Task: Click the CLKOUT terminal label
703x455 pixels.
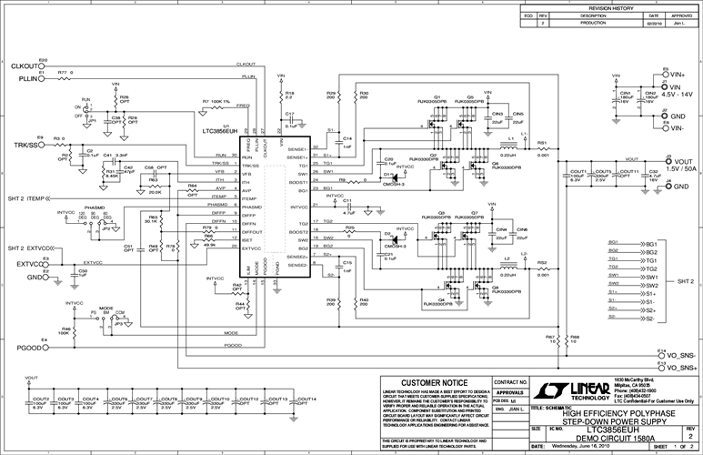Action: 24,67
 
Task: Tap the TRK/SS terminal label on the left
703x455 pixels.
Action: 25,145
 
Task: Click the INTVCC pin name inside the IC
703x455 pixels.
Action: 254,207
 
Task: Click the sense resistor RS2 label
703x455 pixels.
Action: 541,262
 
